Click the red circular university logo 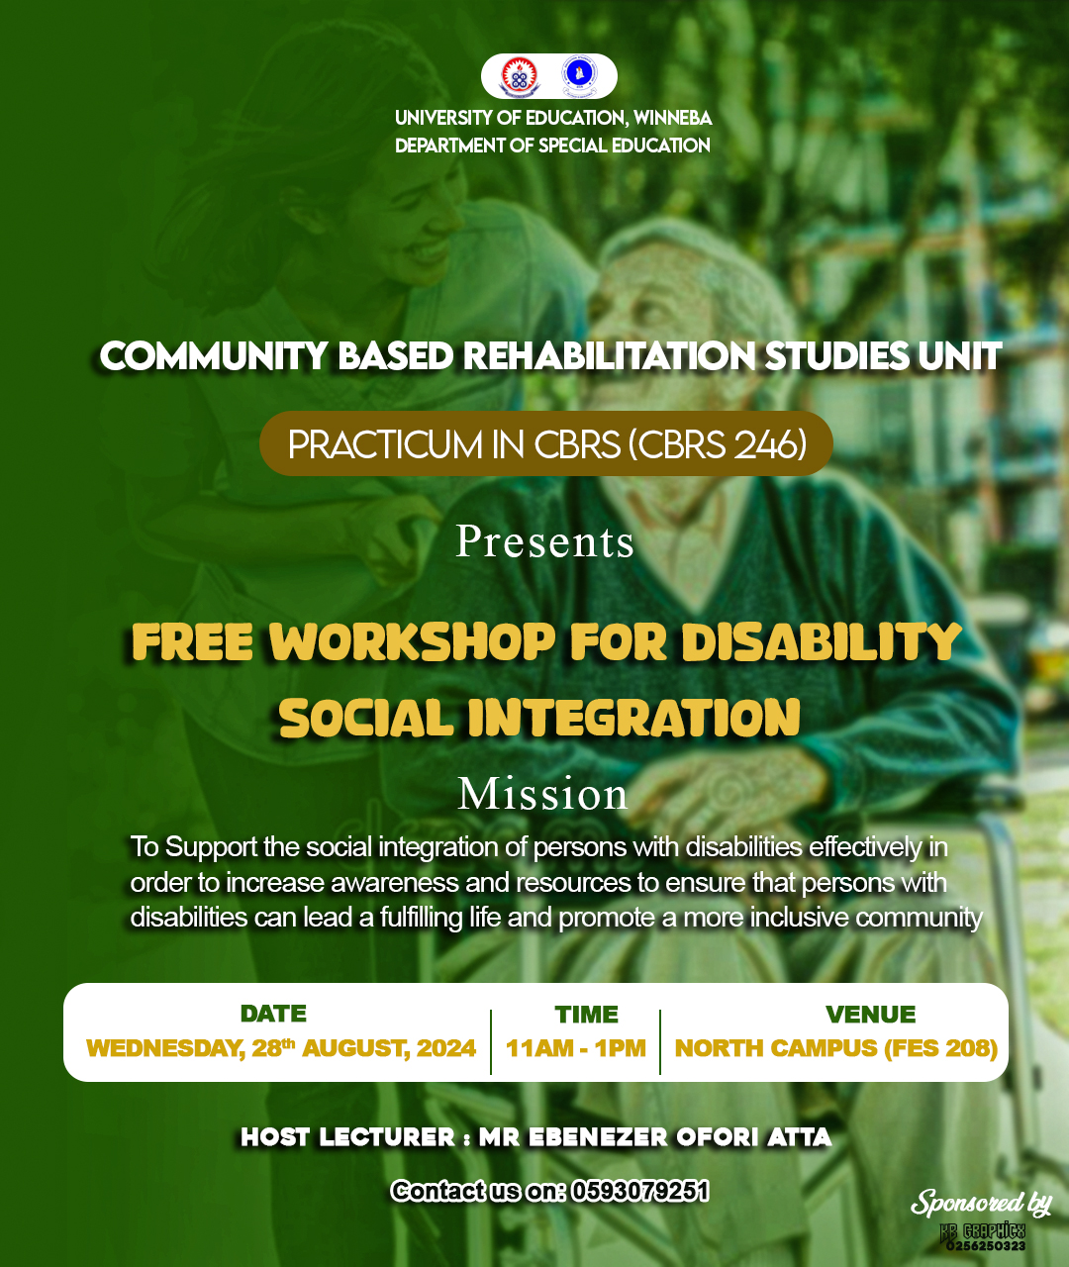point(519,76)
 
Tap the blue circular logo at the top point(578,76)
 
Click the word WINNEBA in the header point(672,118)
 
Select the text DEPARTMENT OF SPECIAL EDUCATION point(552,146)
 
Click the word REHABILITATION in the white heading point(609,356)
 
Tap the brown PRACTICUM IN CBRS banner point(545,443)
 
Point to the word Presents point(544,541)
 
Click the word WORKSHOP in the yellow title point(412,642)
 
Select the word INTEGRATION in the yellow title point(634,718)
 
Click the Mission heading point(542,794)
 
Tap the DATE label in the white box point(273,1014)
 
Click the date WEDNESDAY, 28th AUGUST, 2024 point(281,1048)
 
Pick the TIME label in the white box point(586,1015)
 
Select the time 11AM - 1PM point(576,1048)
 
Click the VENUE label point(871,1015)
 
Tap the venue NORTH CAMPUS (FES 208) point(836,1048)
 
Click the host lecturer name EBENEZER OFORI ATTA point(679,1137)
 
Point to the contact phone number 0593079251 point(639,1191)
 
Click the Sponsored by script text point(981,1203)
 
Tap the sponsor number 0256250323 point(985,1246)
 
